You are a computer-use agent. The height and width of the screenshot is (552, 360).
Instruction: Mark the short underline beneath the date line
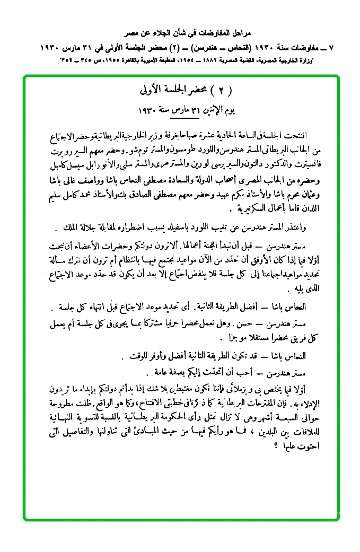coord(179,117)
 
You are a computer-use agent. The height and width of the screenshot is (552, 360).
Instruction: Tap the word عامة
coord(156,370)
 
